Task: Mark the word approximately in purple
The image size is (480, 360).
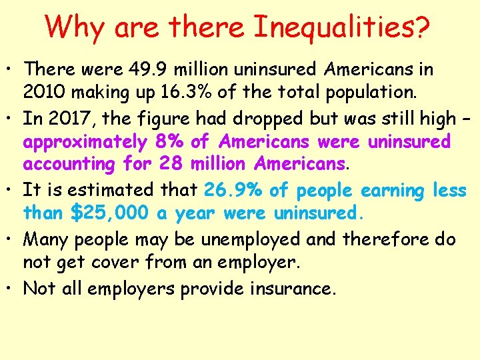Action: [x=85, y=142]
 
